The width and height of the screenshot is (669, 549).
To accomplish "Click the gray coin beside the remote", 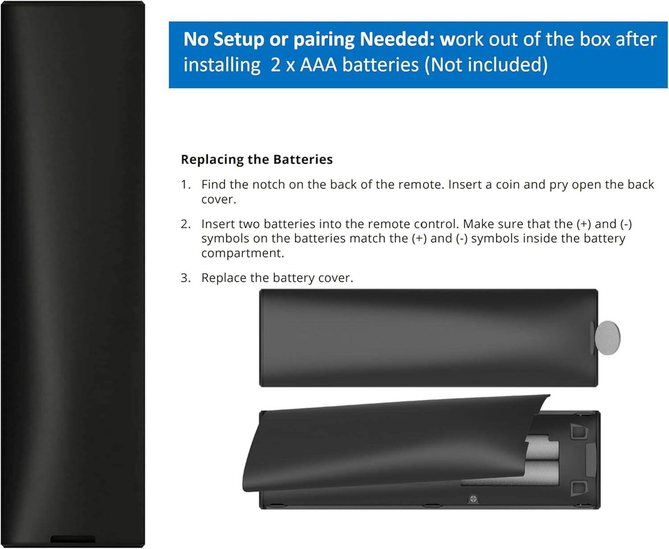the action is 607,338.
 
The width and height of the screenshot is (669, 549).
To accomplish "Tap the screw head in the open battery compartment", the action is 473,499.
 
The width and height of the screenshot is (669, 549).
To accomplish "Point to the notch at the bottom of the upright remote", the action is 73,539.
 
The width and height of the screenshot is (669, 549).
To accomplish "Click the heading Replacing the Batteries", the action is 256,159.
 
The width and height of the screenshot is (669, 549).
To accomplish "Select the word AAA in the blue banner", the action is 318,65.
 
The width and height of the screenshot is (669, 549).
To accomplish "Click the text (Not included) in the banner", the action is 486,65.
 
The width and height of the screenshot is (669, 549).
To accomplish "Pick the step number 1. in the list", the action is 186,184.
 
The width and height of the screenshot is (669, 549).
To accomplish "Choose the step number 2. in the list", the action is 186,224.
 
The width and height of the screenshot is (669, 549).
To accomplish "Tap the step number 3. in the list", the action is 186,278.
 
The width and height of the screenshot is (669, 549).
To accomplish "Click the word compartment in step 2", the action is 243,253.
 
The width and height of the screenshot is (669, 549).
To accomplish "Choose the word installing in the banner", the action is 222,65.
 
